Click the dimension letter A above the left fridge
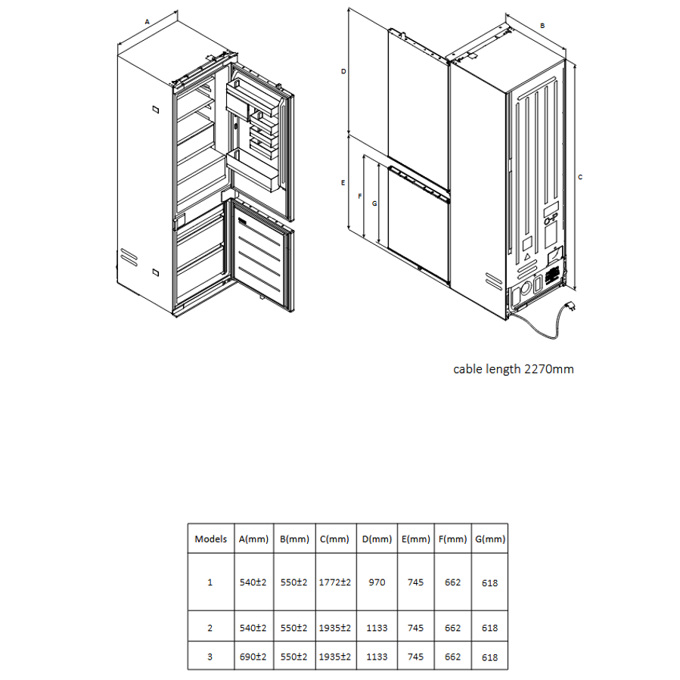[147, 22]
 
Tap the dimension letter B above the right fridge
[542, 26]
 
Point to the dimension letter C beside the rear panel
[580, 177]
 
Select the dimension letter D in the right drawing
[343, 72]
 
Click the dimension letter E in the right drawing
[343, 183]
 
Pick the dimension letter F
[359, 197]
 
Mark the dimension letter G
[374, 203]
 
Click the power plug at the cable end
[572, 306]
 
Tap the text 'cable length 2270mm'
[514, 369]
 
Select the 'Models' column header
[211, 539]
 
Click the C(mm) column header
[334, 539]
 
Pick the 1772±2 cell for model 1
[335, 582]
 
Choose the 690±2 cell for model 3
[253, 657]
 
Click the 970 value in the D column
[377, 582]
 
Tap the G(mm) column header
[490, 539]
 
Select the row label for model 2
[210, 628]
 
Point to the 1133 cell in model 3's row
[377, 657]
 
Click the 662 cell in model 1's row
[452, 582]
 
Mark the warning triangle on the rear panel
[527, 256]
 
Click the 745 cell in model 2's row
[415, 628]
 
